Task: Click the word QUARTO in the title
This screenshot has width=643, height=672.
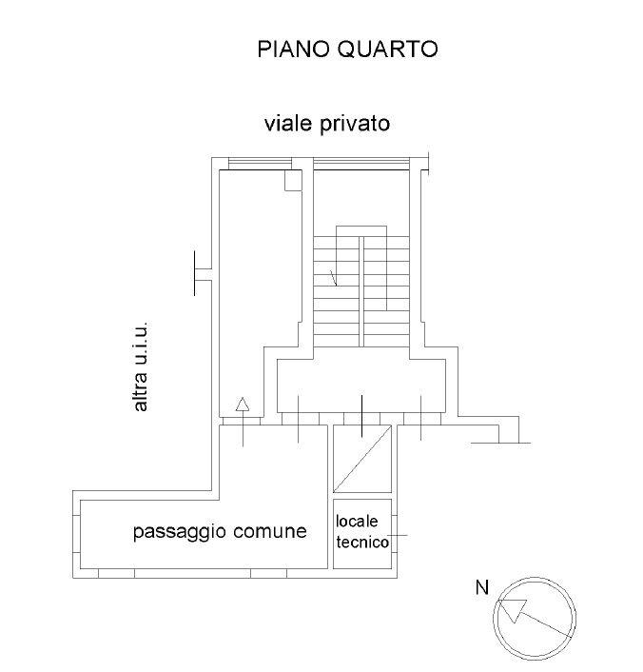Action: pos(388,49)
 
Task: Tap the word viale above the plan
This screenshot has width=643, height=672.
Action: pos(288,123)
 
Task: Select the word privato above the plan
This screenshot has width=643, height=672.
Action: pos(355,125)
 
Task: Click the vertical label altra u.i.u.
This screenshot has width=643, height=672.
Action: pos(141,366)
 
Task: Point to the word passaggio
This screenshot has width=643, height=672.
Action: pos(180,532)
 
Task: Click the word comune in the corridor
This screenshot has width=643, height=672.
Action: pos(270,531)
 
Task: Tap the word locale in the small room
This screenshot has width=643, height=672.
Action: pos(357,522)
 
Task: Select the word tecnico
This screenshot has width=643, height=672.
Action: pos(362,543)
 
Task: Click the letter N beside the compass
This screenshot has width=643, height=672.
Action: pos(482,587)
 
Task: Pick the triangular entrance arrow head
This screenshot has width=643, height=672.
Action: pos(243,405)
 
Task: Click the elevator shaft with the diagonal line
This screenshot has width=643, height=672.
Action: pos(362,459)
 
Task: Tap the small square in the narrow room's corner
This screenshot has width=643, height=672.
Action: pos(294,181)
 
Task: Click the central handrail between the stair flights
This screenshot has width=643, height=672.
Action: pos(361,291)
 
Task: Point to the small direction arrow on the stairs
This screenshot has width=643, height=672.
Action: pos(333,278)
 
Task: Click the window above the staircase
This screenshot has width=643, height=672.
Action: pos(361,164)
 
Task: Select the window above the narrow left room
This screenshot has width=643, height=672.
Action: pos(260,164)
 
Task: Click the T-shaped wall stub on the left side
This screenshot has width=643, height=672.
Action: pos(203,274)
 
